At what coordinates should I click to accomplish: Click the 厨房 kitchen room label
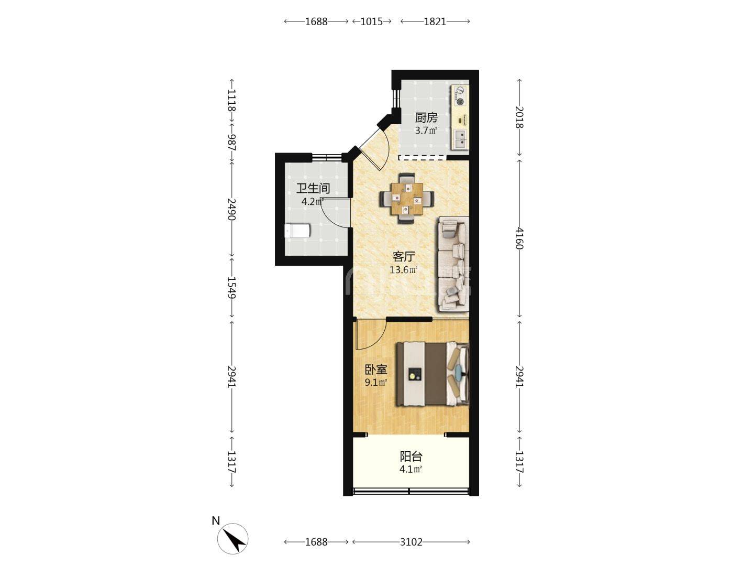[x=426, y=118]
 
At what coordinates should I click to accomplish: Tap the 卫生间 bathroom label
[x=313, y=188]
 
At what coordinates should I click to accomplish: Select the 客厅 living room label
[x=404, y=256]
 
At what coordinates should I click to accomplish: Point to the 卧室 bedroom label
[x=376, y=370]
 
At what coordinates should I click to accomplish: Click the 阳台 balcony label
[x=411, y=456]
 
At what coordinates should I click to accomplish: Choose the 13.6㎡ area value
[x=404, y=270]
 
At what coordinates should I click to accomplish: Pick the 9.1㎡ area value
[x=376, y=383]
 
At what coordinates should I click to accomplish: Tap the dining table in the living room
[x=407, y=199]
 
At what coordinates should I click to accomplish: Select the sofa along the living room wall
[x=453, y=264]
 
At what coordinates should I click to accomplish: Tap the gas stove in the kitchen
[x=460, y=95]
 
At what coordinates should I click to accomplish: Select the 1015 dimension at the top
[x=372, y=21]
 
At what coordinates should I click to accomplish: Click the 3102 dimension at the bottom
[x=411, y=542]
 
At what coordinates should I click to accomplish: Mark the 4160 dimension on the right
[x=519, y=238]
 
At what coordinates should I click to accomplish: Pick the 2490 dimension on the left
[x=232, y=209]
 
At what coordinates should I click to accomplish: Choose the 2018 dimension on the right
[x=519, y=117]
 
